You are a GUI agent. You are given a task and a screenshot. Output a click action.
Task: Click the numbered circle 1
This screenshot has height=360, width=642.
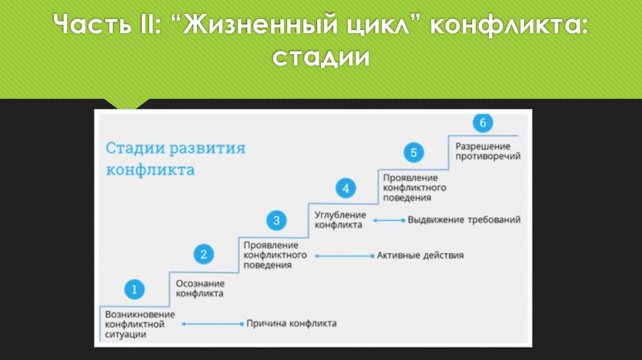(134, 289)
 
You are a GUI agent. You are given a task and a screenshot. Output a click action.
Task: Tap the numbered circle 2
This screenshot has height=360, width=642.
(203, 254)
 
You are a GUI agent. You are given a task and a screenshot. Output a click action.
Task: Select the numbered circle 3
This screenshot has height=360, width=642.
(276, 220)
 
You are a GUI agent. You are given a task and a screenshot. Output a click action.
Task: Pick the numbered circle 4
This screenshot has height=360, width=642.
(345, 188)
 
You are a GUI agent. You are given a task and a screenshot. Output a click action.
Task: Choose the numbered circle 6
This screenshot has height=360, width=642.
(482, 123)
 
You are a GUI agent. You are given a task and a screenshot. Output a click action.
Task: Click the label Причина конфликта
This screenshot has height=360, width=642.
(291, 324)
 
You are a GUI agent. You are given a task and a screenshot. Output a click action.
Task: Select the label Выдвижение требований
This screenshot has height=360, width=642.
(464, 220)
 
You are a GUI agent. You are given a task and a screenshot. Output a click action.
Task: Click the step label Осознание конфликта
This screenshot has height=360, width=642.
(199, 288)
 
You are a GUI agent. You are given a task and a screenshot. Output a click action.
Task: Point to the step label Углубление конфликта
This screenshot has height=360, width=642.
(339, 220)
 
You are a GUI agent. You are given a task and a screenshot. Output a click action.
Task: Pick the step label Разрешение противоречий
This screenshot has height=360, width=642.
(487, 151)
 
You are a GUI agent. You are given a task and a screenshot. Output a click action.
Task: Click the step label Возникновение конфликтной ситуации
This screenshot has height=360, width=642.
(140, 324)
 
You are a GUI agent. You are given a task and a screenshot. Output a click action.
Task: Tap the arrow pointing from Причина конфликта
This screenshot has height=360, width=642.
(212, 324)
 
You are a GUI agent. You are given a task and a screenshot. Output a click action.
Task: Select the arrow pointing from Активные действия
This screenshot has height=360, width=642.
(344, 256)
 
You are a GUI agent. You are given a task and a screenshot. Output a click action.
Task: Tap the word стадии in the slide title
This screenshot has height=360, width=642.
(320, 58)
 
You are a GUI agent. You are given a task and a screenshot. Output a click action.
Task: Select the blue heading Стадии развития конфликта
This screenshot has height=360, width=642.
(175, 159)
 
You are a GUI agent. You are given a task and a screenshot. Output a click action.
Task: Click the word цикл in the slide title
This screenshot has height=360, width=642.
(376, 28)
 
